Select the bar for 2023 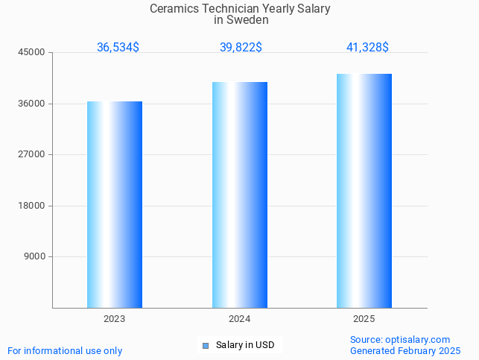click(x=115, y=204)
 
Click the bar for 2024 click(x=239, y=195)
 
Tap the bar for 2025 click(x=364, y=191)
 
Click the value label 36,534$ click(x=118, y=48)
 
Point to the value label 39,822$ click(x=241, y=48)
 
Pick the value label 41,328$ click(x=367, y=48)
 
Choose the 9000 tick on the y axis click(x=36, y=256)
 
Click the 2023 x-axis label click(x=114, y=319)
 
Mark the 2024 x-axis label click(x=239, y=319)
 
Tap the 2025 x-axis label click(x=364, y=319)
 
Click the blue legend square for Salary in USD click(x=206, y=346)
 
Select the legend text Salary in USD click(x=245, y=345)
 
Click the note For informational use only click(x=65, y=350)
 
